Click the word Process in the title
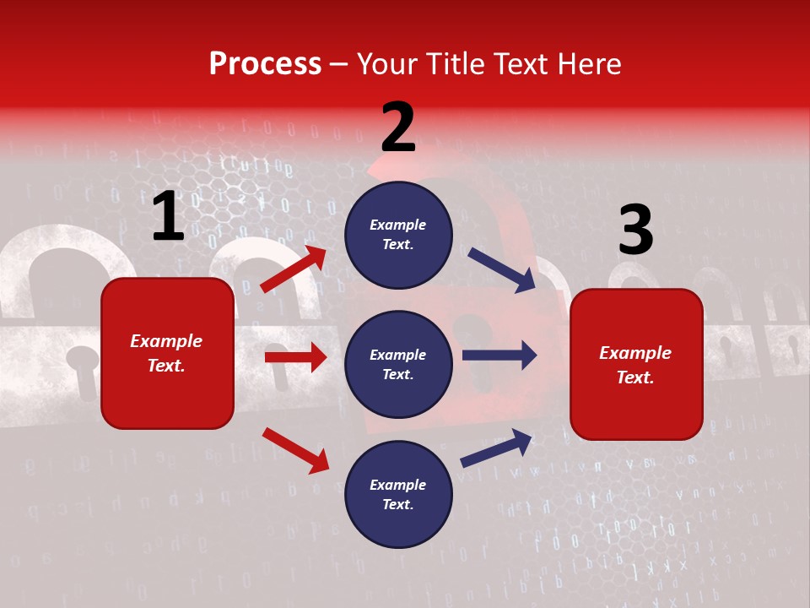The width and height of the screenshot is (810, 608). coord(265,64)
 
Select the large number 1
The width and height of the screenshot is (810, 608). coord(168,217)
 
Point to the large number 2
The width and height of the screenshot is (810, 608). coord(398,128)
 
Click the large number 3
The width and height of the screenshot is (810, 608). coord(635,231)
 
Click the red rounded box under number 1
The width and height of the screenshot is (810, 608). coord(167,353)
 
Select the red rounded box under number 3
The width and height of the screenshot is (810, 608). coord(636,364)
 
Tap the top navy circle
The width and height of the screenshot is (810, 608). coord(398,235)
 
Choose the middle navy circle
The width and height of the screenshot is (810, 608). coord(398,364)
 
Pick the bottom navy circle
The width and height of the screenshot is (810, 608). coord(398,494)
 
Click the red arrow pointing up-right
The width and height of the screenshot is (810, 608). coord(294,269)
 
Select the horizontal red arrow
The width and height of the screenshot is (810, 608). coord(295,357)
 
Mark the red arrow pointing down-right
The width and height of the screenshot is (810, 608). coord(295,450)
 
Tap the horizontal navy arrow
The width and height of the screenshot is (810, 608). coord(499,355)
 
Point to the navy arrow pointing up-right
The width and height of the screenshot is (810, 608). coord(497,448)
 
